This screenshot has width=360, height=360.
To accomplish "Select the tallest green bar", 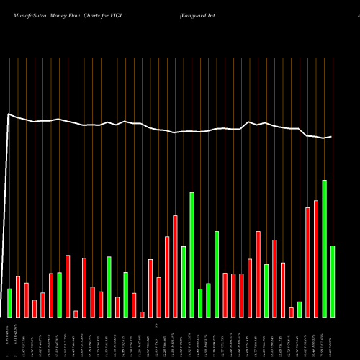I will click(x=325, y=248).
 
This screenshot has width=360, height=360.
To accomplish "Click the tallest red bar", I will click(x=316, y=258).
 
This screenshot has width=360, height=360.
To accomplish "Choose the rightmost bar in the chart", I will click(x=333, y=282).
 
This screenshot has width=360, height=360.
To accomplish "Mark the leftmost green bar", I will click(x=9, y=303).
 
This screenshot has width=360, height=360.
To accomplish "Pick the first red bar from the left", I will click(x=18, y=297).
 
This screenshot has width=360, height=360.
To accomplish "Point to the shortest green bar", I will click(x=300, y=310).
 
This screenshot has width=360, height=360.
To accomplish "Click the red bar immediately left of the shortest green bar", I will click(x=292, y=312).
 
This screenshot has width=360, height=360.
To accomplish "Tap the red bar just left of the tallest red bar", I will click(x=308, y=262).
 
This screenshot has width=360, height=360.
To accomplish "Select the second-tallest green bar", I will click(x=192, y=255).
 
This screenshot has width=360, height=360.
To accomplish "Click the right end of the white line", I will click(x=332, y=136).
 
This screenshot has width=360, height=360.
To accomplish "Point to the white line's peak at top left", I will click(x=9, y=114).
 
